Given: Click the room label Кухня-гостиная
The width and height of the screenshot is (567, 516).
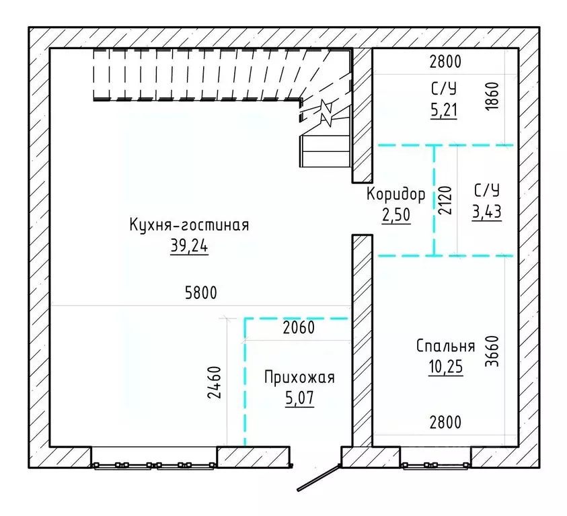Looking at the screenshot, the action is (189, 225).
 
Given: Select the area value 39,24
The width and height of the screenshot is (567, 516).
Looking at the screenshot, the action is (189, 246).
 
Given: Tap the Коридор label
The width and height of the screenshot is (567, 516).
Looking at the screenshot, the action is (395, 194).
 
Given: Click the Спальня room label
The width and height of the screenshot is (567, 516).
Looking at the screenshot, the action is (445, 346).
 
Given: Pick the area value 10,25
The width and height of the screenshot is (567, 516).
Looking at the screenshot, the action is (445, 367).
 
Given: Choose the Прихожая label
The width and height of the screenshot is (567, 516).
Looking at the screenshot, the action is (299, 377).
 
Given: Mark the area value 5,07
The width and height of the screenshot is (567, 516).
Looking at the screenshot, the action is (299, 398).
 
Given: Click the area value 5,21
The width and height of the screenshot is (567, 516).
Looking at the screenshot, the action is (444, 109).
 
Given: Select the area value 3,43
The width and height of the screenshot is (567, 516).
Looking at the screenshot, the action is (487, 212).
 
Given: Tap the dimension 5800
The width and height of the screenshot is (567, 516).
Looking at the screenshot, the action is (200, 293).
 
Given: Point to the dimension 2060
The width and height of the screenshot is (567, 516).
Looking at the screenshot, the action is (299, 327).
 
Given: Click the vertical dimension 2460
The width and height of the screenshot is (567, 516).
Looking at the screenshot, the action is (214, 382).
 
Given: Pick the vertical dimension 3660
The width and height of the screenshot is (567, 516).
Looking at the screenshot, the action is (492, 351).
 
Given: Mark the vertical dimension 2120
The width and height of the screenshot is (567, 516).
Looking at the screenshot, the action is (445, 200).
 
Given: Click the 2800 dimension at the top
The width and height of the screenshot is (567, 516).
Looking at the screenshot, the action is (445, 62).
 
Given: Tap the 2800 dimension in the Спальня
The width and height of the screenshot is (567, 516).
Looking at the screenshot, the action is (445, 422).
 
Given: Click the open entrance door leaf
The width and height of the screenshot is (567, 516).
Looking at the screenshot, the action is (319, 478).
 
